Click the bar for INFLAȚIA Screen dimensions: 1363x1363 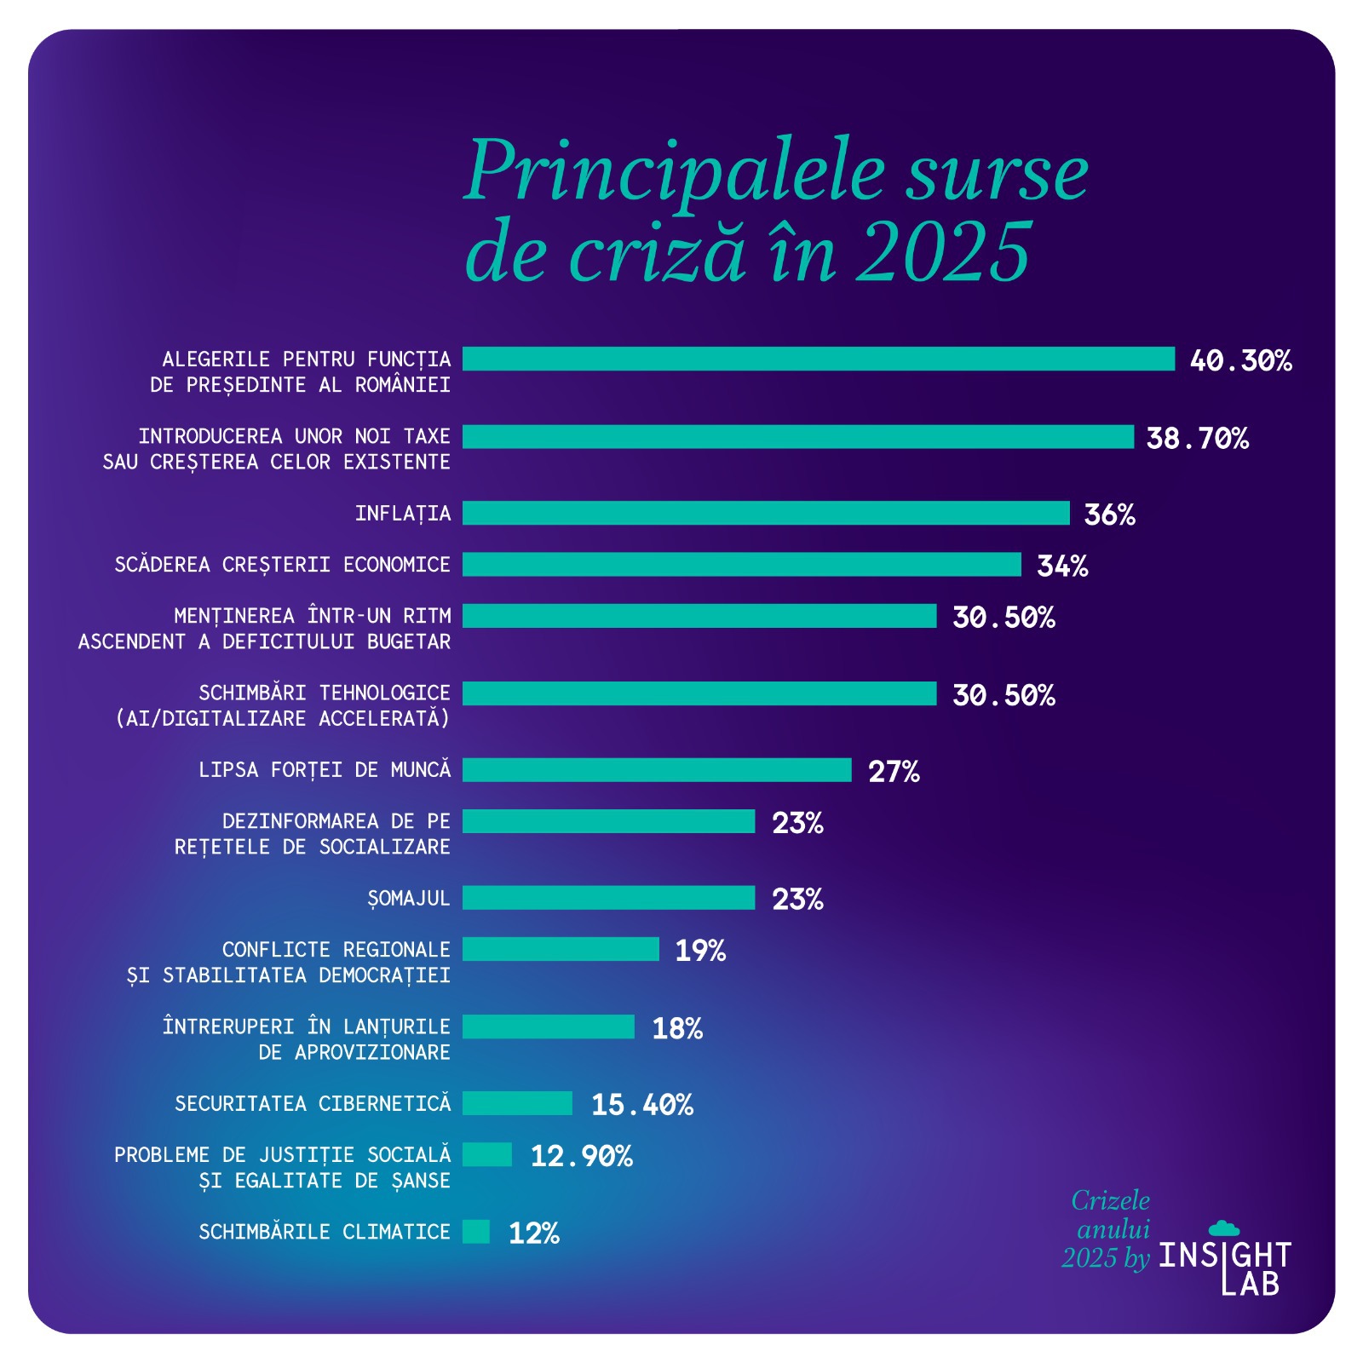765,513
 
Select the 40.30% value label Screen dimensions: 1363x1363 1239,360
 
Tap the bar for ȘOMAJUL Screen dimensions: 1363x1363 608,897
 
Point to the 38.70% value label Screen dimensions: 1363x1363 1196,438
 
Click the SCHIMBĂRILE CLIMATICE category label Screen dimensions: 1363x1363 324,1231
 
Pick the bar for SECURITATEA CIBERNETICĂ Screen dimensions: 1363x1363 517,1102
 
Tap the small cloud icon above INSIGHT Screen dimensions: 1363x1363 1223,1228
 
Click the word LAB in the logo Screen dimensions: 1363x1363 1250,1282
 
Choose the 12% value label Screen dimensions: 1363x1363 533,1233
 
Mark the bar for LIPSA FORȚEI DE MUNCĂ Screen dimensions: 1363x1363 656,769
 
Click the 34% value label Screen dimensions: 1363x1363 1061,566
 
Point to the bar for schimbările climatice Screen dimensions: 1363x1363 476,1231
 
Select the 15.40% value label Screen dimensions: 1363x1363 641,1104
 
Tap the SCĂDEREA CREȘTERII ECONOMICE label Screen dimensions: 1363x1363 282,564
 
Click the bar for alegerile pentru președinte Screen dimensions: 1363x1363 818,359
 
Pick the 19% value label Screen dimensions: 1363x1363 699,950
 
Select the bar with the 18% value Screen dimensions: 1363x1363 548,1026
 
